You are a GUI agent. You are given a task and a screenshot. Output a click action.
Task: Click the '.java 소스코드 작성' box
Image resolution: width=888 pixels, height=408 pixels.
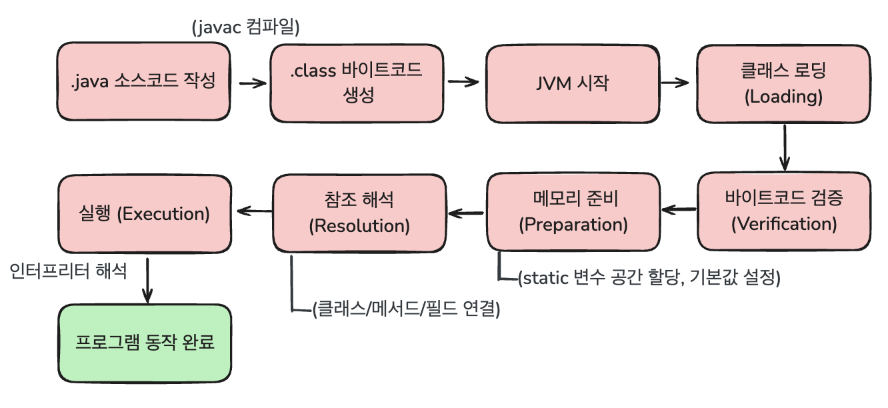point(144,83)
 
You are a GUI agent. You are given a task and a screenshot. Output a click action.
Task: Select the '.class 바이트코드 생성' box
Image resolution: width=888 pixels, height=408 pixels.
point(357,83)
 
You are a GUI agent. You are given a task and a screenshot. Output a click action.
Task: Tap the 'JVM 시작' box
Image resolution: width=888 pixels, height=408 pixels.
point(572,83)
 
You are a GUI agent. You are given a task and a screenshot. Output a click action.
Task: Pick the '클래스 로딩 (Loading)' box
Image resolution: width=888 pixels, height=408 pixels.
point(783,83)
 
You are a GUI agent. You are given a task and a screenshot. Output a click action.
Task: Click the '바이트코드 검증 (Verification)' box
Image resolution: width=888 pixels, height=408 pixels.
point(783,211)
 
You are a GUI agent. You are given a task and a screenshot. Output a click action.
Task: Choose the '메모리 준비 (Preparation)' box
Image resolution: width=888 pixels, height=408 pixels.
point(573,212)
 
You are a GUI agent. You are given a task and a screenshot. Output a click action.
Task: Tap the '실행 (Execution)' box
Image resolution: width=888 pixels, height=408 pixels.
point(144,213)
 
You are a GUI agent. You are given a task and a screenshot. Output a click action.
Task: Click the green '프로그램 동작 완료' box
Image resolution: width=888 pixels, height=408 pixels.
point(144,343)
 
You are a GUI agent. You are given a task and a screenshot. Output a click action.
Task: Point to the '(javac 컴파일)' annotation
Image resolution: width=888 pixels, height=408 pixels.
point(245,28)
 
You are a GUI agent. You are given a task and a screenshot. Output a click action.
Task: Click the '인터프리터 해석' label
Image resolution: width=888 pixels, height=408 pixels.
point(69,271)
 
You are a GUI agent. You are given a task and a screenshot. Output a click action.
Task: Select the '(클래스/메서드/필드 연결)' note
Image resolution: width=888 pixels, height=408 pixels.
point(405,309)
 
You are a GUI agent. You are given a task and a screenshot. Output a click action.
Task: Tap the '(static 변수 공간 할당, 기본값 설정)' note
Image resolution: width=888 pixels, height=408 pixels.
point(649,277)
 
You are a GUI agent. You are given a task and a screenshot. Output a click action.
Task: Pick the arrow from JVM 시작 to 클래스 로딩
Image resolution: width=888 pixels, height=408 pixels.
point(674,83)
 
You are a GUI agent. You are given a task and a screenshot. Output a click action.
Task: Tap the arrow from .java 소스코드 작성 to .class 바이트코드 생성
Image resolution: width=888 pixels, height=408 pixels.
point(252,83)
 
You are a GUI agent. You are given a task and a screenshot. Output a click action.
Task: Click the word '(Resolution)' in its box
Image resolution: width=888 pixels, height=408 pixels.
point(359,225)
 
